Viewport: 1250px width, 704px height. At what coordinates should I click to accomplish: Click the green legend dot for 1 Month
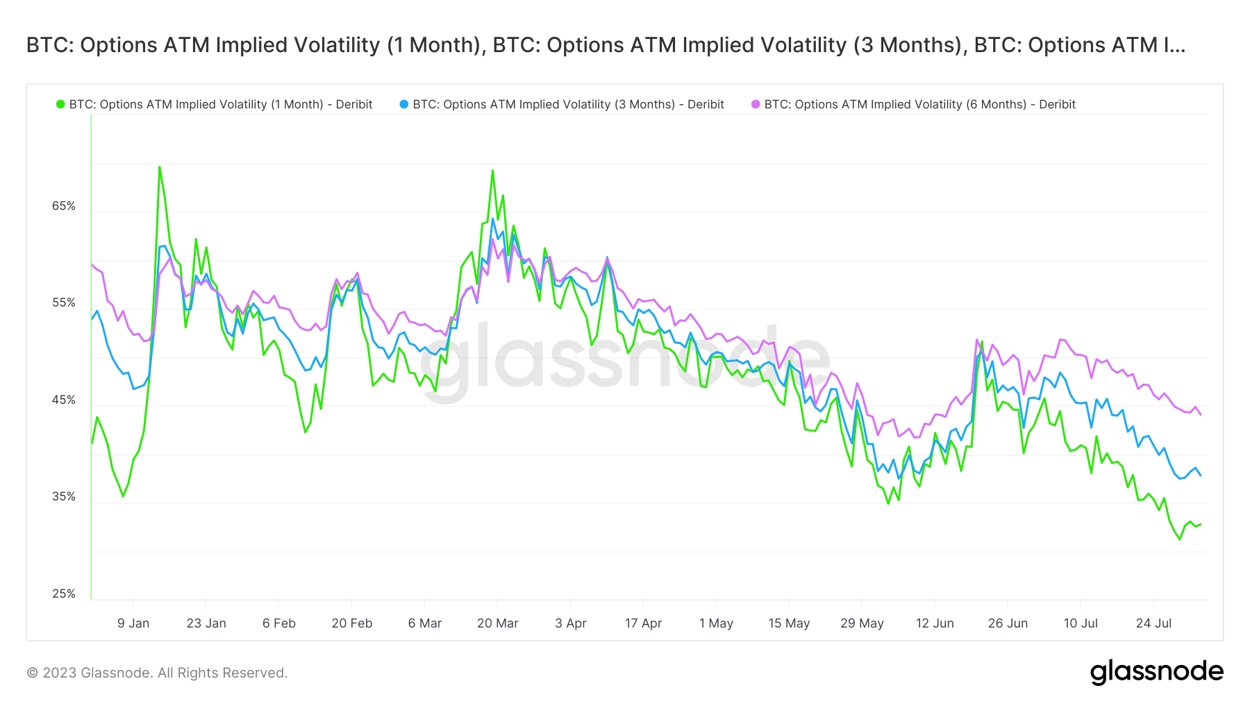(60, 104)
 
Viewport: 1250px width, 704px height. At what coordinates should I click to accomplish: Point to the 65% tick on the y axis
(64, 206)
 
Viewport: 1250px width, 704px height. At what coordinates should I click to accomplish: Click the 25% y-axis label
(64, 594)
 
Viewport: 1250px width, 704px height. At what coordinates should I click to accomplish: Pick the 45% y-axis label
(64, 400)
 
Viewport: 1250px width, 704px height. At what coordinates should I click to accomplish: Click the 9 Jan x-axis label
(133, 623)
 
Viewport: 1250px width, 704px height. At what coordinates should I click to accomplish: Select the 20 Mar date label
(497, 623)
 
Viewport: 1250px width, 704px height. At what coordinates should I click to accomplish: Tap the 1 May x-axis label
(716, 623)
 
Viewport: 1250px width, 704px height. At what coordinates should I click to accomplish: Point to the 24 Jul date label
(1153, 623)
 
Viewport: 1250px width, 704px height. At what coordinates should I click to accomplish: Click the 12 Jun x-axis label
(935, 623)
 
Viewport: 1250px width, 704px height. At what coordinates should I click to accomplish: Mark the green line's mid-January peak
(159, 167)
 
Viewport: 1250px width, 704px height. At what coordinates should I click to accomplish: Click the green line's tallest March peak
(492, 170)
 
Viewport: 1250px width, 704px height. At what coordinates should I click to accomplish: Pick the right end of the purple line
(1201, 414)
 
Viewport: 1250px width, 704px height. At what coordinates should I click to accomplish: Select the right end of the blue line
(1201, 475)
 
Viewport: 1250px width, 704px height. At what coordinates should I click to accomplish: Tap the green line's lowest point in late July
(1179, 539)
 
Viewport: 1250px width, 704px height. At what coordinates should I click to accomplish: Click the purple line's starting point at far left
(92, 264)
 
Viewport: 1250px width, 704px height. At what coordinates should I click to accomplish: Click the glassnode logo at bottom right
(1156, 672)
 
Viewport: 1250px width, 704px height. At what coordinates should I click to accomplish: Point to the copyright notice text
(157, 673)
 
